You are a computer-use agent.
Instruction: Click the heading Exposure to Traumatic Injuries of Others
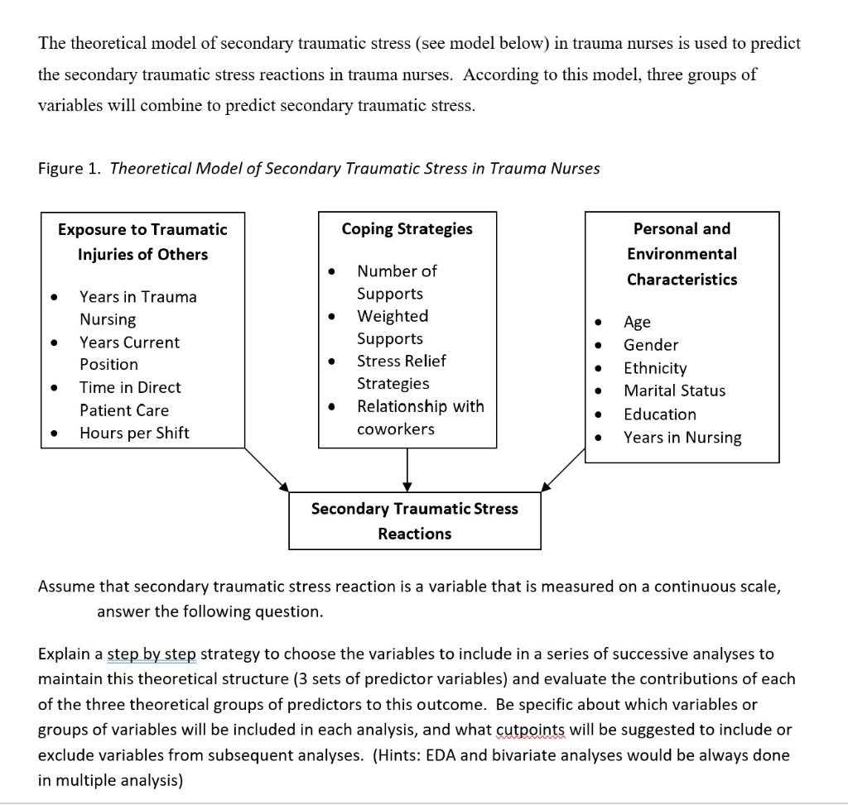[142, 242]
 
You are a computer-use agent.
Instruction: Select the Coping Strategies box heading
[407, 229]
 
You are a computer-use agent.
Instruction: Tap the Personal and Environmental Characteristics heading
[682, 254]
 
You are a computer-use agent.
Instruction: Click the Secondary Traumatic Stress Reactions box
[414, 521]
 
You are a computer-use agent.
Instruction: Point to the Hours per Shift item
[134, 433]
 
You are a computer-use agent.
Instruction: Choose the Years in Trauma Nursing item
[137, 308]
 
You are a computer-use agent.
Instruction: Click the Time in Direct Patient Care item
[129, 399]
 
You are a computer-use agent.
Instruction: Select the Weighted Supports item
[393, 328]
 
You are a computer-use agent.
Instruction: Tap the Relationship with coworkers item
[420, 418]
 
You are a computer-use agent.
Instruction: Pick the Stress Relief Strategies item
[401, 372]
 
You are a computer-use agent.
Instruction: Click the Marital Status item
[674, 391]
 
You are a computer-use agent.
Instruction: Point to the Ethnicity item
[655, 368]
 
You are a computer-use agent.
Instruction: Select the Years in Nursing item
[682, 438]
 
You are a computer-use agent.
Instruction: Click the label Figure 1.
[70, 169]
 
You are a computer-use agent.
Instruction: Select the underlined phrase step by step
[152, 654]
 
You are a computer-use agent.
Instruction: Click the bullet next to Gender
[598, 345]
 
